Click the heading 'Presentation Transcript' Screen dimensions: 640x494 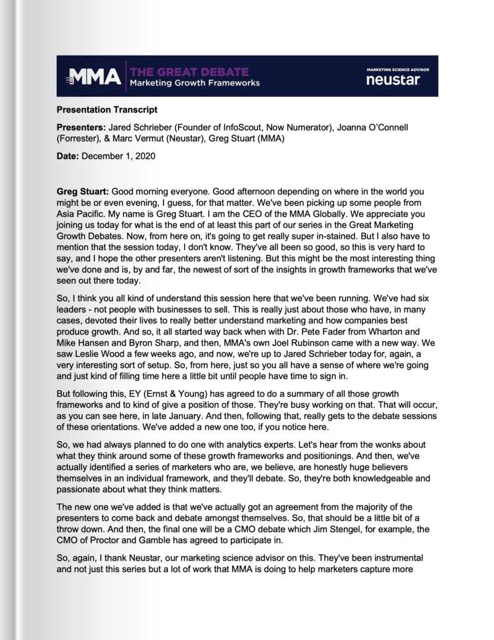coord(107,110)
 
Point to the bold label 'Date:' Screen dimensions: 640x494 coord(68,156)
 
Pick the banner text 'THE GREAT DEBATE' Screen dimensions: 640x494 coord(189,72)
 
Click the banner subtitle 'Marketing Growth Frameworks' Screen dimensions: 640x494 coord(194,83)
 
